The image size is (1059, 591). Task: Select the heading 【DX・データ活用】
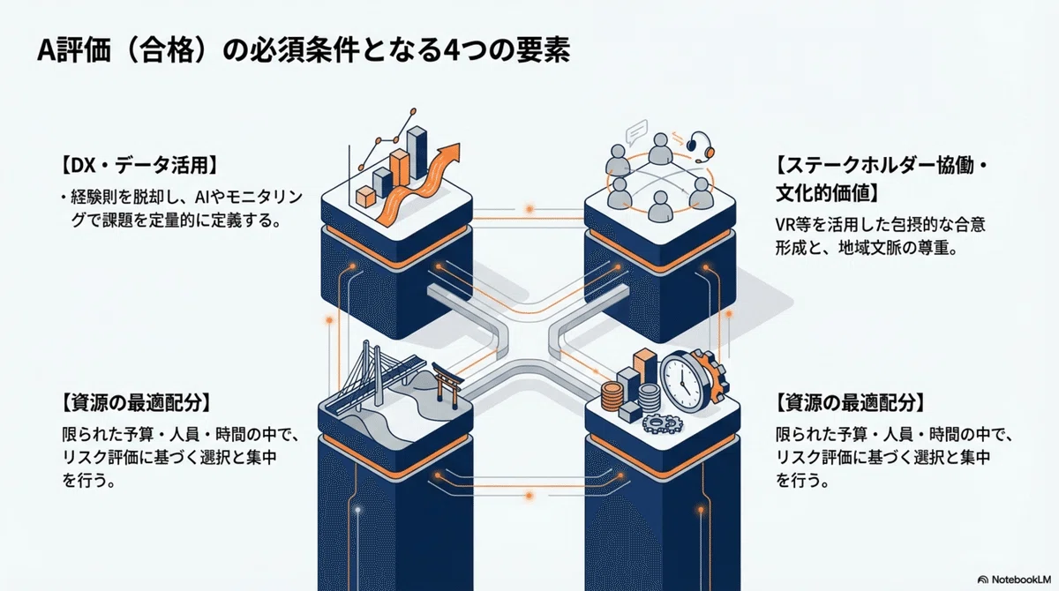pos(139,166)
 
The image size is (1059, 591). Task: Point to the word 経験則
pos(94,197)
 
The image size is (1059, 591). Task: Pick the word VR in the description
pos(785,224)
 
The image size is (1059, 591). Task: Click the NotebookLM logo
pos(1015,580)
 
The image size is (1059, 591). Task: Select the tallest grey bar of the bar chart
pos(417,152)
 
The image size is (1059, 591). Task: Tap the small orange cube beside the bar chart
pos(365,196)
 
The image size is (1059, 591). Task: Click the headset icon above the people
pos(700,146)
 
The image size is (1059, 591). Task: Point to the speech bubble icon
pos(636,131)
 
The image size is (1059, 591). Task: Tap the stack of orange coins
pos(611,396)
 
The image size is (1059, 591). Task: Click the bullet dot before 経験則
pos(63,198)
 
